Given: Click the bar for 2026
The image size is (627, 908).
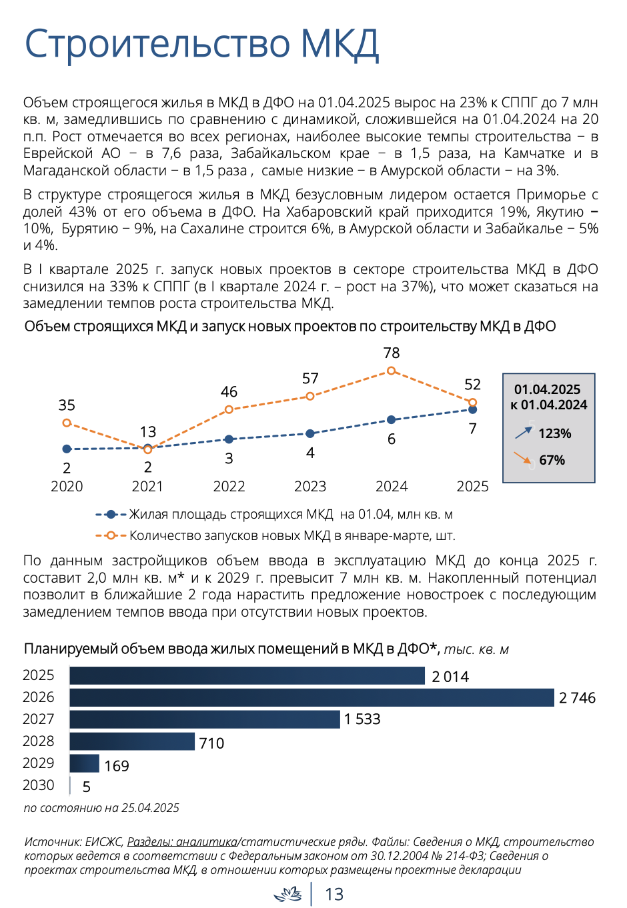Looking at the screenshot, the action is coord(311,697).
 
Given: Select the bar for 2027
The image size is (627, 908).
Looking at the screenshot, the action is coord(205,719).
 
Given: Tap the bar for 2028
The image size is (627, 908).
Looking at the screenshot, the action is coord(132,741).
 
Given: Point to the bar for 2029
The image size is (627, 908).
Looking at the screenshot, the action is coord(84,763).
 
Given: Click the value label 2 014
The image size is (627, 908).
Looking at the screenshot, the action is coord(450,677).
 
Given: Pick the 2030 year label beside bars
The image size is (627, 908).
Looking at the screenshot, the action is coord(38,785).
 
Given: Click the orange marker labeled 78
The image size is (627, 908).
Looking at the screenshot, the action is coord(391,371).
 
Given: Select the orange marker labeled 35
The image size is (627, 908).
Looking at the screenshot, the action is coord(67,423).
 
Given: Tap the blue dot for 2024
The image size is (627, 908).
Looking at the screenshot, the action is coord(391,419).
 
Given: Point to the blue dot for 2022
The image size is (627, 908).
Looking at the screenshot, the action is coord(229,439).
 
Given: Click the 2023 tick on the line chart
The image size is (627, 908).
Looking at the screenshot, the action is coord(310,486).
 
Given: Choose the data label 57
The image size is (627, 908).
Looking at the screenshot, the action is coord(310,378).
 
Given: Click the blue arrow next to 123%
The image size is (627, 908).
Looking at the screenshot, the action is coord(523,433).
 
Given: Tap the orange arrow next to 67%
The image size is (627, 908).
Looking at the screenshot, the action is coord(522,457).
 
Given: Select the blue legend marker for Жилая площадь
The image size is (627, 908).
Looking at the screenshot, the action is coord(111,515).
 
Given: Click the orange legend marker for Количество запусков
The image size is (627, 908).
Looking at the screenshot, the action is coord(111,535).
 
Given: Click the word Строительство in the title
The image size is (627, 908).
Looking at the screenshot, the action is coord(157,43).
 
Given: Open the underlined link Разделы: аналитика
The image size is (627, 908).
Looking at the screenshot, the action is coord(182,841).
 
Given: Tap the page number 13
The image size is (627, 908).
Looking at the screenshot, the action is coord(334,894).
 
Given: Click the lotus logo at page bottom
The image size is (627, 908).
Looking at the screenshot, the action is coord(287,894).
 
